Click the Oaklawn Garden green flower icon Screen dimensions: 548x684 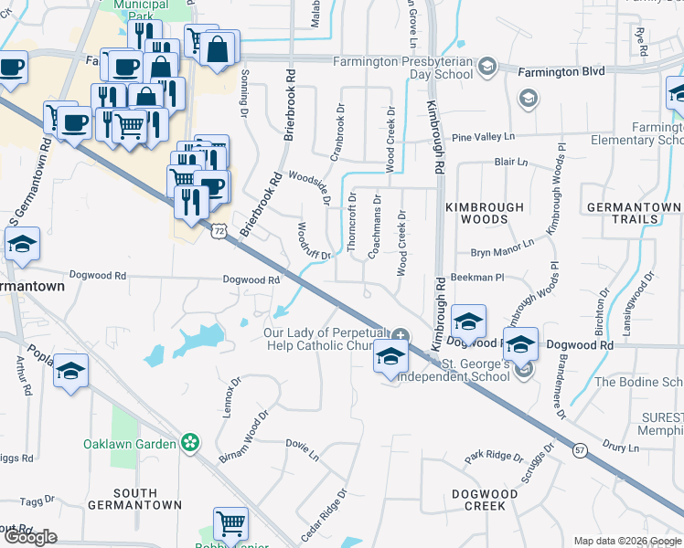coord(190,444)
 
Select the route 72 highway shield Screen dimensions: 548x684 coord(218,232)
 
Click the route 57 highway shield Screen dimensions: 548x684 coord(579,449)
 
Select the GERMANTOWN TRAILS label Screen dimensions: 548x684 coord(634,213)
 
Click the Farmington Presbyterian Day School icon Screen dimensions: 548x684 coord(487,66)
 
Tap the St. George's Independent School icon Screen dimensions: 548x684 coord(523,370)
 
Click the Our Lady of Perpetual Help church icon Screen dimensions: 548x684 coord(401,335)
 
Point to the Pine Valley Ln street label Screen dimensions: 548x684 coord(484,136)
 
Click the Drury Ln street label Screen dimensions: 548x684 coord(621,448)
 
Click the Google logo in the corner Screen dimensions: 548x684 coord(31,537)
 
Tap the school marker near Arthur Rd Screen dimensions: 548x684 coord(70,374)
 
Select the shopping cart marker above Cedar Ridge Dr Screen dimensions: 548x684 coord(230,524)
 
